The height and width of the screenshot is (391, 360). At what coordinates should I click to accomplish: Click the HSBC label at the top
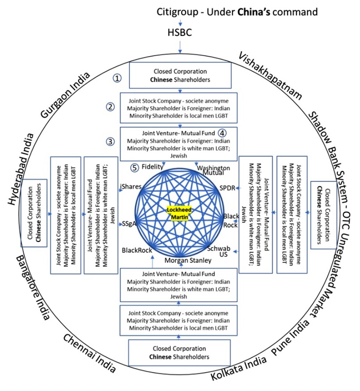(180, 33)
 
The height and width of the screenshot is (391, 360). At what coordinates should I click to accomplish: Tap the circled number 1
(117, 78)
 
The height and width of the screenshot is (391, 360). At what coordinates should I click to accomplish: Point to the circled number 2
(111, 106)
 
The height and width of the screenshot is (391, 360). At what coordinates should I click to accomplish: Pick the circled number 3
(111, 141)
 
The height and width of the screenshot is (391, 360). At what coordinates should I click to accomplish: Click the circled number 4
(222, 133)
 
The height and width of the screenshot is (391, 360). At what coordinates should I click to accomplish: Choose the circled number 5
(134, 167)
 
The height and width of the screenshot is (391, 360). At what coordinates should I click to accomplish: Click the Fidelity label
(152, 167)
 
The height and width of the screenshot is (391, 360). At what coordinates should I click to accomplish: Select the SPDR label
(227, 188)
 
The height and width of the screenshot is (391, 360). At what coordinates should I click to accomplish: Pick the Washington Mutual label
(213, 170)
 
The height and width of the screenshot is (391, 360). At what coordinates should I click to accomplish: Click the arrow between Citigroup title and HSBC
(180, 22)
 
